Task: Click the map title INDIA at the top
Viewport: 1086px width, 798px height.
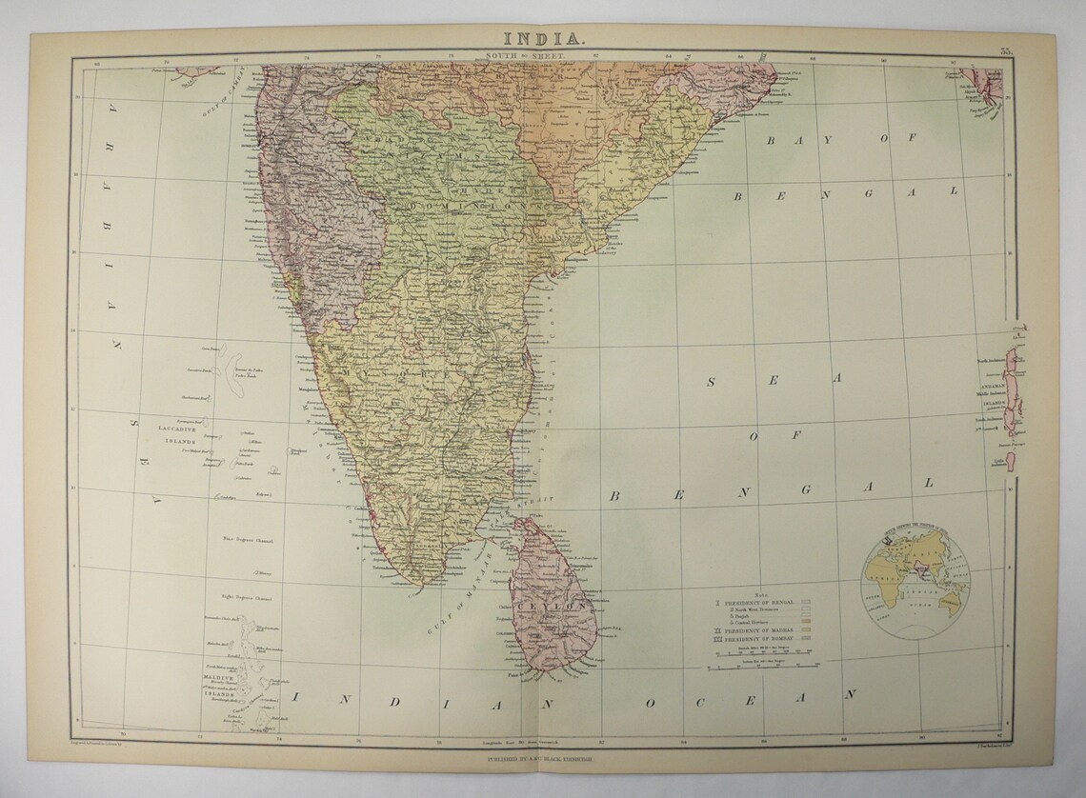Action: tap(542, 39)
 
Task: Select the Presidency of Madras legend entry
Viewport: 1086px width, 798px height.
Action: tap(756, 631)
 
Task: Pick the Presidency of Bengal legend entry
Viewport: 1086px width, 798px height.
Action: tap(756, 602)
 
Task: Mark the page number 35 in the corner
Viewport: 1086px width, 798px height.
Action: tap(1006, 49)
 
